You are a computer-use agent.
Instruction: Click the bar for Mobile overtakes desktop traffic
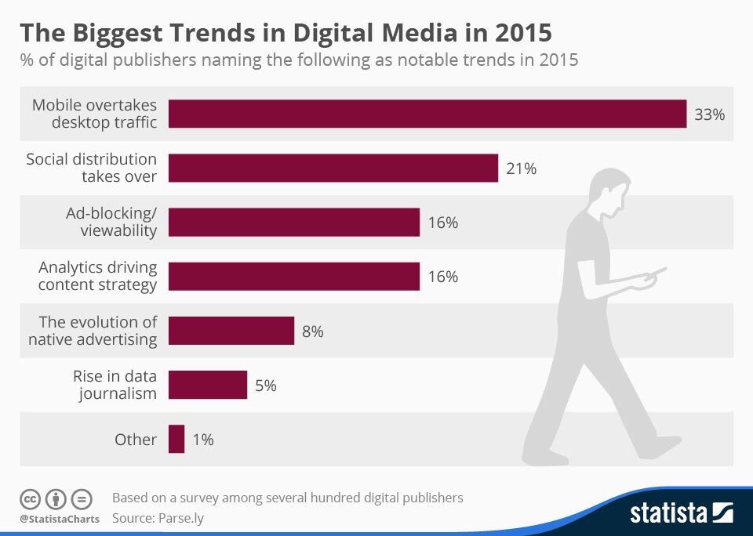(x=427, y=114)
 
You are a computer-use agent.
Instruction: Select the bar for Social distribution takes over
(x=333, y=168)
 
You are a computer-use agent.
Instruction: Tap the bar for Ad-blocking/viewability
(x=294, y=222)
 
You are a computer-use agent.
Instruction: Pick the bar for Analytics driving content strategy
(x=294, y=277)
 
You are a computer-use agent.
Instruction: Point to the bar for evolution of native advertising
(x=231, y=331)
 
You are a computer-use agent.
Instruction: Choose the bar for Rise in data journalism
(x=208, y=385)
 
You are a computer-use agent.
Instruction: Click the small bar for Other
(x=176, y=439)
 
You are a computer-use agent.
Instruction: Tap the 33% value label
(x=709, y=114)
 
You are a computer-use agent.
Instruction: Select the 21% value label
(x=521, y=168)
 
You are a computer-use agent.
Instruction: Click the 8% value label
(x=312, y=331)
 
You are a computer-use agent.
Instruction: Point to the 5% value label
(x=265, y=386)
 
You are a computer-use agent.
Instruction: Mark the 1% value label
(x=202, y=440)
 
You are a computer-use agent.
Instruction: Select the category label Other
(x=136, y=440)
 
